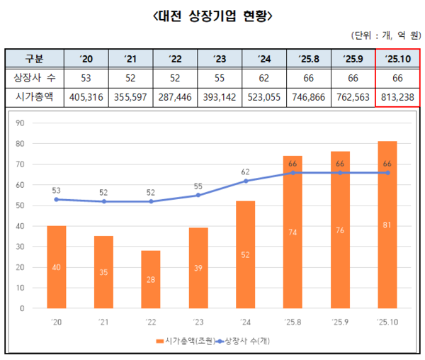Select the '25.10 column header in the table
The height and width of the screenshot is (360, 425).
[x=397, y=57]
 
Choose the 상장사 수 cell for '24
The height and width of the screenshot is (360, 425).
[x=263, y=77]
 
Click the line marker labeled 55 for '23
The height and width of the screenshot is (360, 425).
[x=198, y=195]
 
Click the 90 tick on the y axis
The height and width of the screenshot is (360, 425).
[x=21, y=123]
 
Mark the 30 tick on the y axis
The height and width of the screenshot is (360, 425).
[x=21, y=247]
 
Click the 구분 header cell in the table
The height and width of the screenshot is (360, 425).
[x=34, y=57]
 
